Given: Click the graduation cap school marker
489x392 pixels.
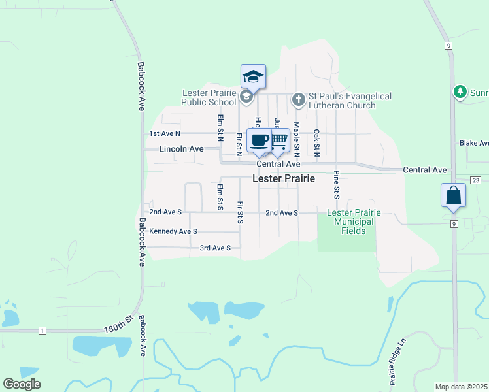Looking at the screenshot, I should (x=253, y=78).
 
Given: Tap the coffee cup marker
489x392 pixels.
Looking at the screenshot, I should (x=259, y=140).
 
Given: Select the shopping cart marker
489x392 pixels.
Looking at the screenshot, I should (x=278, y=140).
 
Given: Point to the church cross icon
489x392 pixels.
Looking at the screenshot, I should (x=298, y=100).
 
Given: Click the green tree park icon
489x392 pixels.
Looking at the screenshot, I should (x=461, y=92).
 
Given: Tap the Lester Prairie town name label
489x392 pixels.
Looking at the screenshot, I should (x=284, y=178).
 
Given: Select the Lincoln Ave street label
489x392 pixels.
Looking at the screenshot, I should (x=182, y=149).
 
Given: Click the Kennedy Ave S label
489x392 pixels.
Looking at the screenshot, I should (x=173, y=231).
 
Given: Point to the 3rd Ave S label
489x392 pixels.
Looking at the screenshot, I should (x=215, y=248).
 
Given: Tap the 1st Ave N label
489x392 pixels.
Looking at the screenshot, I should (x=164, y=133).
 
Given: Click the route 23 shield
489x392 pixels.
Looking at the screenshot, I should (x=475, y=180).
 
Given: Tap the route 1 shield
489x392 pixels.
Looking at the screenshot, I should (x=42, y=331).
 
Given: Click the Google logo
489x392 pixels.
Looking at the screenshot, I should (x=22, y=384).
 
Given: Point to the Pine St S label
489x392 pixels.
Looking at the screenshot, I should (x=336, y=184).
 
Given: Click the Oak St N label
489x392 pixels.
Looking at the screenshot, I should (x=316, y=143).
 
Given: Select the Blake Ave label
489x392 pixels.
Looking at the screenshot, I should (x=474, y=142).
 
